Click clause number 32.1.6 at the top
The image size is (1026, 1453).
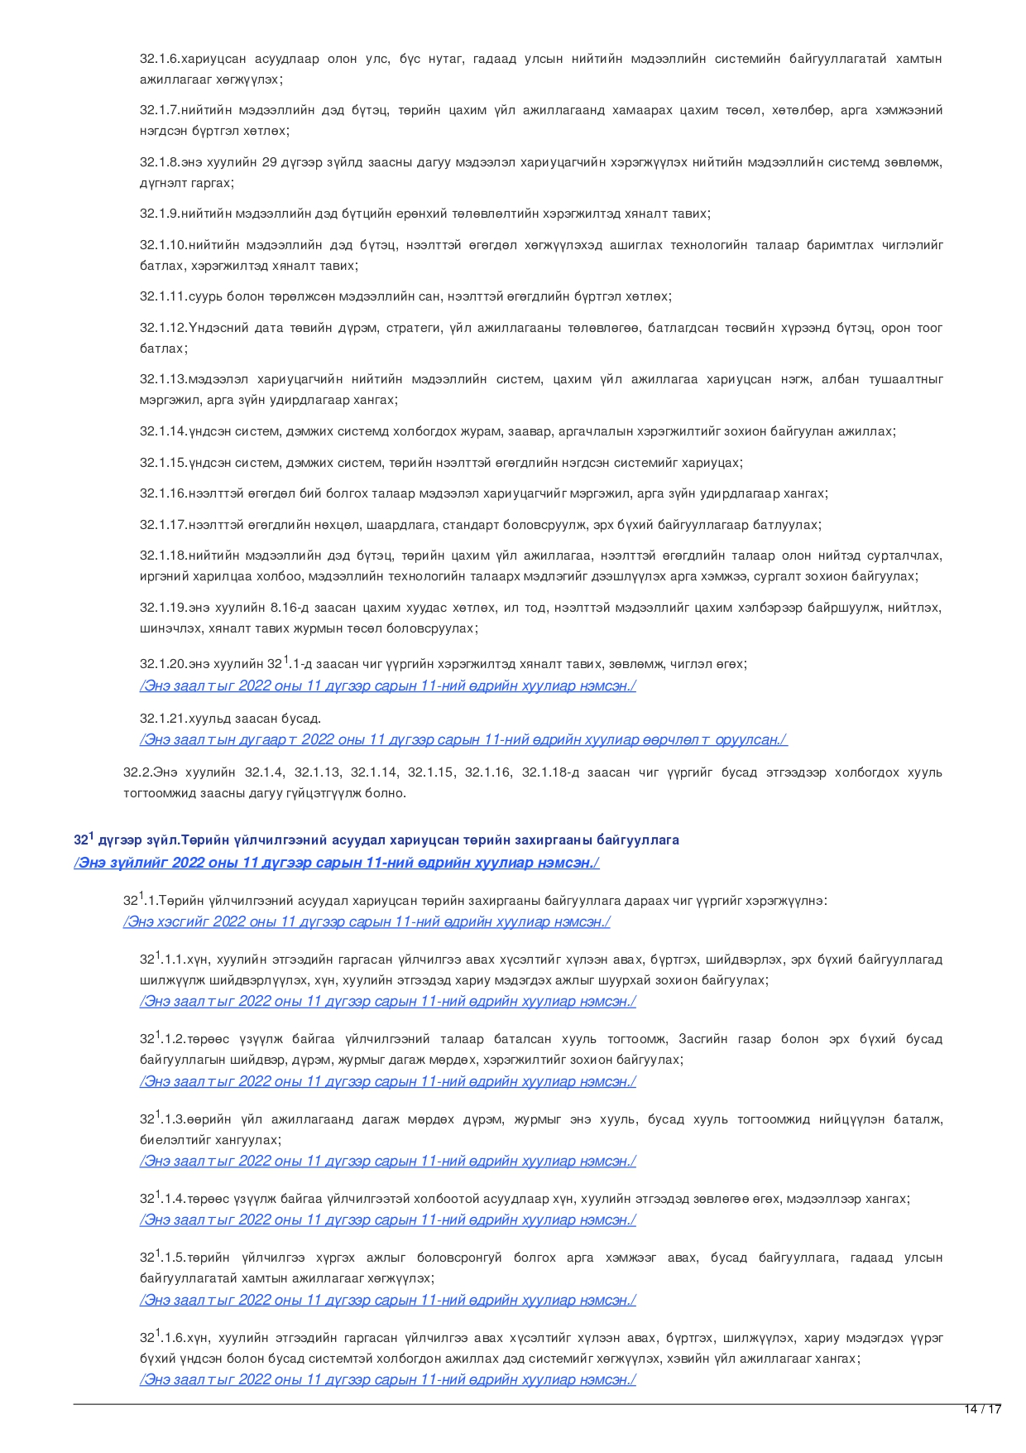[160, 59]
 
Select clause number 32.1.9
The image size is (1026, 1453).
[160, 214]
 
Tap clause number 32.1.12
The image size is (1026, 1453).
[163, 328]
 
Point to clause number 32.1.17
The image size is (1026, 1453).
[163, 525]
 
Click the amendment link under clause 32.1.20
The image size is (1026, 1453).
[387, 686]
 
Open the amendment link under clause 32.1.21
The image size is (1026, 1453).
[463, 739]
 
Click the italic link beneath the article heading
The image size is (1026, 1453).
[336, 863]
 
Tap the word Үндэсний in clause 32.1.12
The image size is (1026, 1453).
[218, 328]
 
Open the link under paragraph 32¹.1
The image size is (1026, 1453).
[367, 921]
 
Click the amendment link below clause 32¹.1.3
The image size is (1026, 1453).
[387, 1161]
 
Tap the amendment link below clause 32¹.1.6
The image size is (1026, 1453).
[387, 1379]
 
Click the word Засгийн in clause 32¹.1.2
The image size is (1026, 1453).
[702, 1039]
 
